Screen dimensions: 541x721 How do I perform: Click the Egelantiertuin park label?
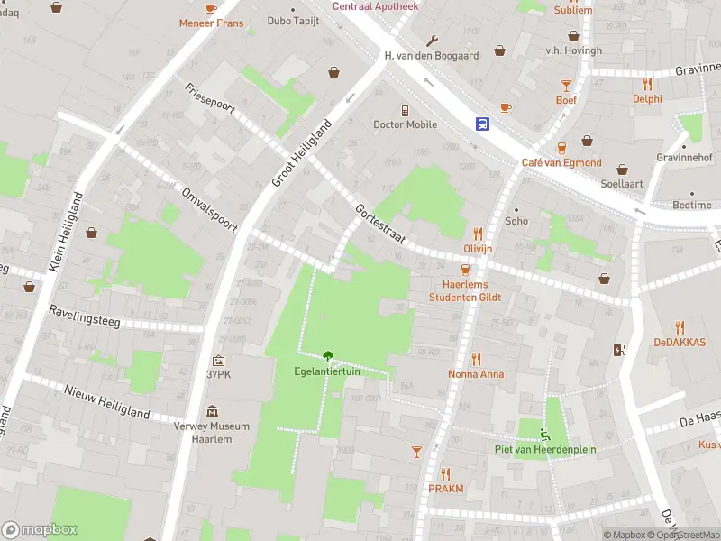(327, 371)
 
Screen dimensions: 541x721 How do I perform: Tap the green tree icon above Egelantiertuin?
(327, 356)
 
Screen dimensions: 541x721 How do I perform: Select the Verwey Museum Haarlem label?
(212, 433)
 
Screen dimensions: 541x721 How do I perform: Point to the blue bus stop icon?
(484, 124)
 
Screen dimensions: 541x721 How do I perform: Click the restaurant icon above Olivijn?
(478, 234)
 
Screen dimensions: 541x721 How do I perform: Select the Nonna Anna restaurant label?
(476, 374)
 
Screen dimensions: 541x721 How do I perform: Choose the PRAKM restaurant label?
(446, 489)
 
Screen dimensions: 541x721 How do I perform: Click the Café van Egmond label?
(561, 162)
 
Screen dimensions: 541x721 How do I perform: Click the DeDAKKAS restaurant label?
(680, 343)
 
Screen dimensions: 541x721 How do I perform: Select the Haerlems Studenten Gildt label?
(465, 290)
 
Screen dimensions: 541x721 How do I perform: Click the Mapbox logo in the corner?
(40, 530)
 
